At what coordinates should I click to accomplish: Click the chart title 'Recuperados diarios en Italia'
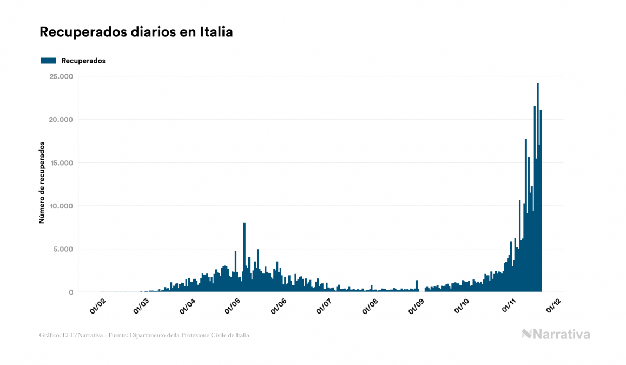[x=136, y=32]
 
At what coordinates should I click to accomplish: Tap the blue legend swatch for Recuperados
[x=48, y=61]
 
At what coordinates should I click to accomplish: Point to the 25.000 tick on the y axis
[x=61, y=76]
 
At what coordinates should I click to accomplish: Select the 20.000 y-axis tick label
[x=61, y=120]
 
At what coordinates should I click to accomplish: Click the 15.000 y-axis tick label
[x=62, y=163]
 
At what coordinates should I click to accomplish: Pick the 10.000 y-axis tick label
[x=62, y=206]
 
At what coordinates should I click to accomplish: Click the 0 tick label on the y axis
[x=71, y=292]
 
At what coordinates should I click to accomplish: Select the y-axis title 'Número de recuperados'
[x=42, y=183]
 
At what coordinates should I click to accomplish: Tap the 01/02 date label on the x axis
[x=97, y=307]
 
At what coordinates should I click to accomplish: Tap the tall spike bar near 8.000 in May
[x=245, y=255]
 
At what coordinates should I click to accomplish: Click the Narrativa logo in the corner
[x=556, y=334]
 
